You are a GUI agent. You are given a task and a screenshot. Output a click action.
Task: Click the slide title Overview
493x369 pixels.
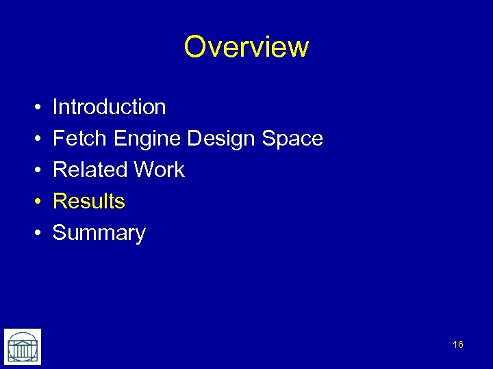click(x=246, y=47)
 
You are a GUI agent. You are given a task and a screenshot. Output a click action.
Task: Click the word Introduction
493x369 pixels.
click(x=110, y=107)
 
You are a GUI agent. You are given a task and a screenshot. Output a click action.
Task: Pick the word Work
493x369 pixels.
click(x=160, y=170)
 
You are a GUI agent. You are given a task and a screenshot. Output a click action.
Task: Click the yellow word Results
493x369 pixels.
click(x=89, y=202)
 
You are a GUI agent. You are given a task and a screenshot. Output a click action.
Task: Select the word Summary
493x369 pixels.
click(x=99, y=234)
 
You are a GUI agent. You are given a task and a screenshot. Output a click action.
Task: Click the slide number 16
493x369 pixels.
click(x=458, y=344)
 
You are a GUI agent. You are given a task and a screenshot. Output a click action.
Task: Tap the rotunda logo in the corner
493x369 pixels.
click(x=23, y=346)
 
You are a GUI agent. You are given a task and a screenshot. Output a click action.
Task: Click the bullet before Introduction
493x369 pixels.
click(x=35, y=108)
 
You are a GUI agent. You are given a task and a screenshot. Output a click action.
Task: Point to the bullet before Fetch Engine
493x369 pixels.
click(x=35, y=139)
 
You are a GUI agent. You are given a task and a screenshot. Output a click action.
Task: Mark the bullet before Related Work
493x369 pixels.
click(x=35, y=171)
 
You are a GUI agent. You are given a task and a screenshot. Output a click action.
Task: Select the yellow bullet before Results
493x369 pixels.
click(x=35, y=202)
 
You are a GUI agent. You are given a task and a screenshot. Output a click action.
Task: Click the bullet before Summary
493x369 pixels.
click(x=35, y=234)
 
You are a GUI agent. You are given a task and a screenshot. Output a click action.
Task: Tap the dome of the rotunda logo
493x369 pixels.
click(x=23, y=339)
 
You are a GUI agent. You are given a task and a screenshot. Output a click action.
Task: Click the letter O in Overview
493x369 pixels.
click(x=196, y=47)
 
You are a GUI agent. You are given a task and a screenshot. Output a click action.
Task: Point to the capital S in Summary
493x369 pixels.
click(x=60, y=233)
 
